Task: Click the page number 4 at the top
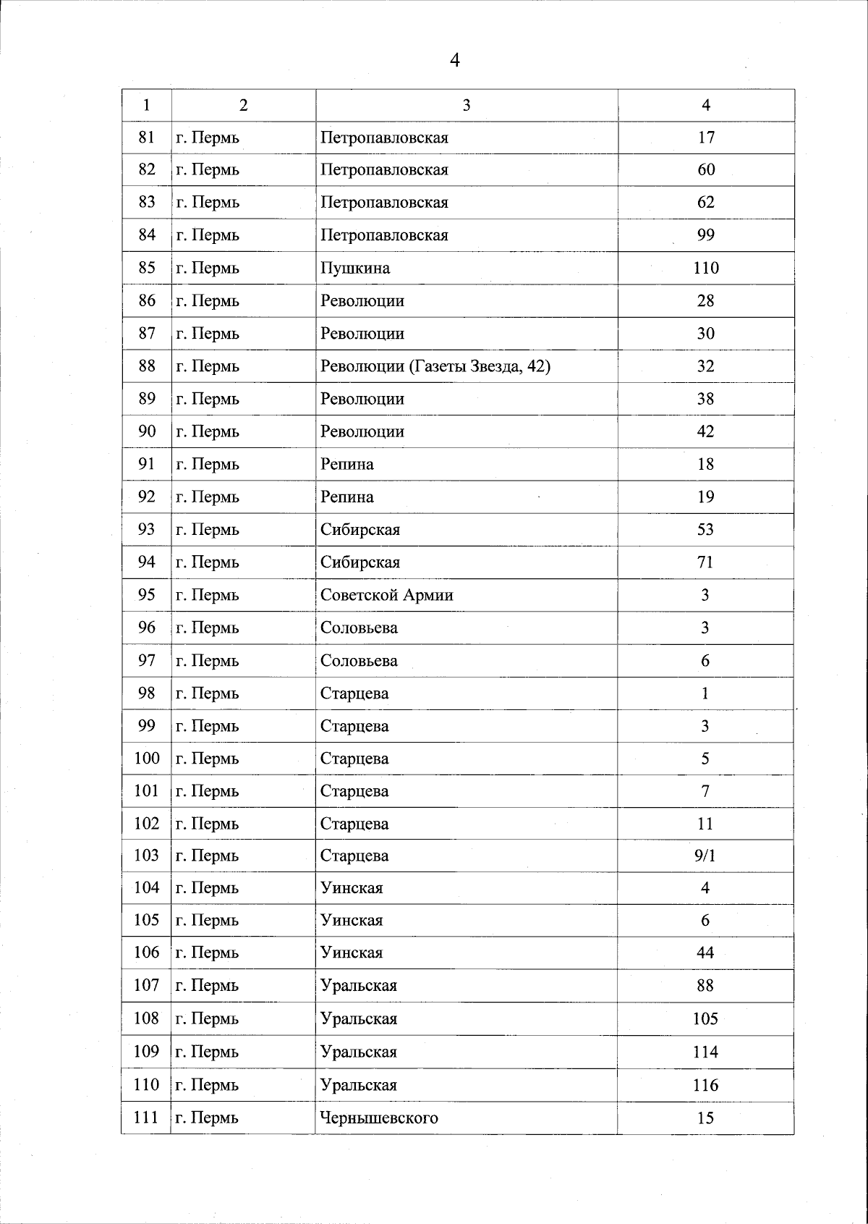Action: pyautogui.click(x=454, y=60)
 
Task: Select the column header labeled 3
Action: pyautogui.click(x=467, y=106)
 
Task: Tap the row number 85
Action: pyautogui.click(x=147, y=268)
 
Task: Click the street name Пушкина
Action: pyautogui.click(x=355, y=268)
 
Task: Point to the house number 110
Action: pyautogui.click(x=705, y=268)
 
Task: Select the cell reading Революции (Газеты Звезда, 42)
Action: pyautogui.click(x=435, y=366)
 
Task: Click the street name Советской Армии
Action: pyautogui.click(x=387, y=595)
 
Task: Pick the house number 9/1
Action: pyautogui.click(x=705, y=856)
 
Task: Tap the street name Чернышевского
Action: pyautogui.click(x=379, y=1118)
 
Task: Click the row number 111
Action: pyautogui.click(x=146, y=1118)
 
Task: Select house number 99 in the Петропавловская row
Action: pyautogui.click(x=705, y=235)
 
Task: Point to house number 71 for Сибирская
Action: pyautogui.click(x=705, y=562)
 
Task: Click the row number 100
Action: pyautogui.click(x=146, y=759)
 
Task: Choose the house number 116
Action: pyautogui.click(x=705, y=1085)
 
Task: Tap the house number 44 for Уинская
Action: pyautogui.click(x=705, y=953)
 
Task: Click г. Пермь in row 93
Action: pyautogui.click(x=208, y=530)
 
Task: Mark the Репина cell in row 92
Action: pyautogui.click(x=347, y=497)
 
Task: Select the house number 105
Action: pyautogui.click(x=705, y=1018)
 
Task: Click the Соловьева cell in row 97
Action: pyautogui.click(x=359, y=661)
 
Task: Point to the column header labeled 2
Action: pyautogui.click(x=243, y=106)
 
